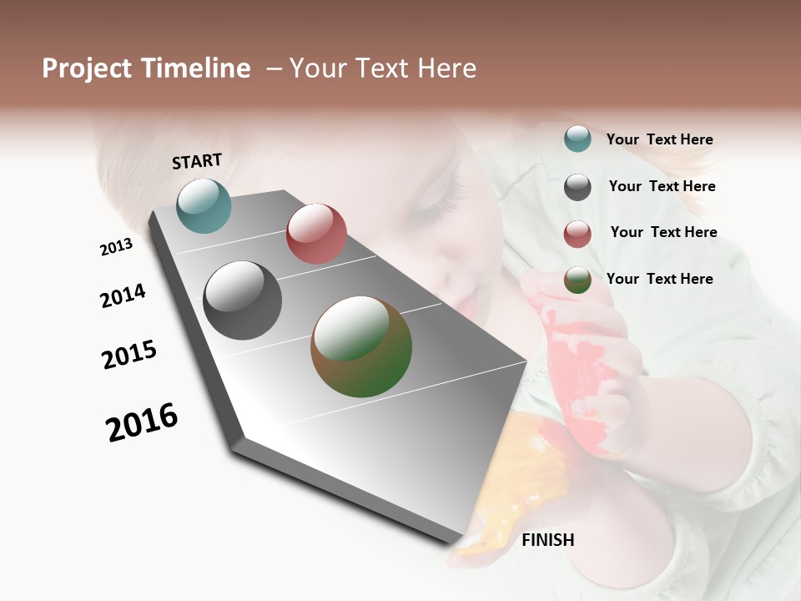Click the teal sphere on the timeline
click(204, 205)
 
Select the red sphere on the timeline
click(316, 233)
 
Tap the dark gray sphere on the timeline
click(242, 300)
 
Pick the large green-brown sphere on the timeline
click(361, 346)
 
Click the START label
click(197, 161)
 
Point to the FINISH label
click(547, 540)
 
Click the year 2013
click(116, 246)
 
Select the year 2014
click(123, 295)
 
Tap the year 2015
click(129, 355)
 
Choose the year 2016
click(142, 422)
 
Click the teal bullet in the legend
click(577, 139)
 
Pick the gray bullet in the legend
click(577, 186)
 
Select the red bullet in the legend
click(577, 234)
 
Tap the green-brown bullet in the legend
click(577, 280)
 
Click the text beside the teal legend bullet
click(659, 139)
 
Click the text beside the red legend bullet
click(663, 232)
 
